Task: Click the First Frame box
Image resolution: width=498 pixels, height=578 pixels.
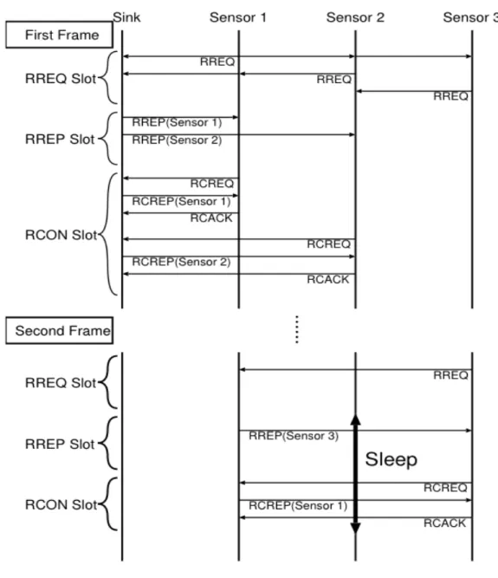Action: click(59, 35)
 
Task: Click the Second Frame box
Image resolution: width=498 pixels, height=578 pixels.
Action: click(59, 330)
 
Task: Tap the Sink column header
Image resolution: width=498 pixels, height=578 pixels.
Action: click(126, 17)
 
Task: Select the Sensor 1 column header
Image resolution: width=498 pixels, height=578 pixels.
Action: click(238, 17)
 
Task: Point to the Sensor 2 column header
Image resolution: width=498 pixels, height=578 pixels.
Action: click(355, 17)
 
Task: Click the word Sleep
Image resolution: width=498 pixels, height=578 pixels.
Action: click(391, 459)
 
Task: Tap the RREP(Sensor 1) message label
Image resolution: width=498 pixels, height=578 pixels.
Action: click(177, 122)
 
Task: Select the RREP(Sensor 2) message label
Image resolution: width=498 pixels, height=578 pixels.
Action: click(177, 140)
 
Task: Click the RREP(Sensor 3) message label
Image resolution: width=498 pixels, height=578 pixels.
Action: click(294, 436)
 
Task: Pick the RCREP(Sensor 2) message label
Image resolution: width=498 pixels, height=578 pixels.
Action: click(181, 262)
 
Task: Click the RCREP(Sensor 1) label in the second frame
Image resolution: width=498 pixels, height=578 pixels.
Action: click(298, 505)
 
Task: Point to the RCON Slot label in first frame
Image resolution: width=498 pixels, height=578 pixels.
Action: click(61, 235)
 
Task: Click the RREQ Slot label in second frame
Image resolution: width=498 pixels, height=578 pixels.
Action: click(61, 383)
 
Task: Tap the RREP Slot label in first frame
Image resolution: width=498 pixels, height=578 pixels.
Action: click(60, 140)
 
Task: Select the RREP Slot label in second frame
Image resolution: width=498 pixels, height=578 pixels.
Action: click(60, 444)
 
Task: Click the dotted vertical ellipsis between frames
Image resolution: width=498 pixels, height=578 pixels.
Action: click(297, 329)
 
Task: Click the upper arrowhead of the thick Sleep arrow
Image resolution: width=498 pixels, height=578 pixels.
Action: click(355, 419)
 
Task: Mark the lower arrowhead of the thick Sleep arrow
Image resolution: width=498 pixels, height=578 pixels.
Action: click(355, 528)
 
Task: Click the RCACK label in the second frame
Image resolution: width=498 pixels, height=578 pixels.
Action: click(445, 523)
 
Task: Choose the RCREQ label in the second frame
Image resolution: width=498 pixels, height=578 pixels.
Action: click(445, 488)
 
